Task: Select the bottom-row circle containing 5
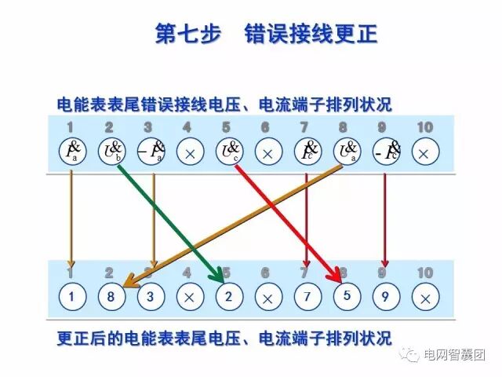pos(346,298)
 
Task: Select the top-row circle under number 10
pos(424,152)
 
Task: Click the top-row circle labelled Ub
pos(111,152)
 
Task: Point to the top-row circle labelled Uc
pos(228,152)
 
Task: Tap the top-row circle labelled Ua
pos(346,152)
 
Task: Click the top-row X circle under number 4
pos(188,152)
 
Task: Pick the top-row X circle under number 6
pos(267,152)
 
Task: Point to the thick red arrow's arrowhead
pos(338,276)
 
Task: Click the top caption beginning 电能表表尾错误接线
pos(224,104)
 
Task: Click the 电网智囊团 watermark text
pos(455,354)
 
